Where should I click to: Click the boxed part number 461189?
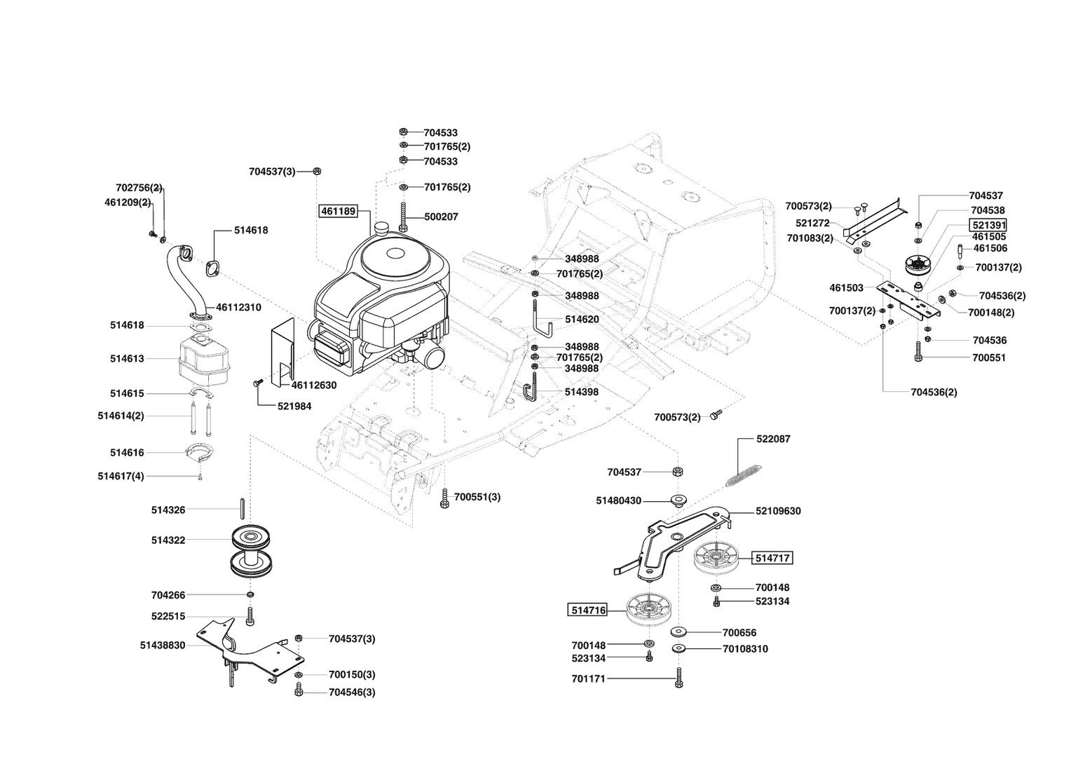point(339,210)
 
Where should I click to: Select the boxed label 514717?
point(772,558)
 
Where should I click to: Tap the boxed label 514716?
point(587,610)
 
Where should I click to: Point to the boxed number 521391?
point(988,225)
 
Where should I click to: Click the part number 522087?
point(773,439)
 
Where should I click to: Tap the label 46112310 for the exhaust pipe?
point(238,307)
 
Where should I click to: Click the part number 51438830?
point(163,645)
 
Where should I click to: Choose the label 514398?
point(582,392)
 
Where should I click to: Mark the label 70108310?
point(745,649)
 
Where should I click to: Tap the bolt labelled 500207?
point(404,216)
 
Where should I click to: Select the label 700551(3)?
point(477,497)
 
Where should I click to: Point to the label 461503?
point(847,287)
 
